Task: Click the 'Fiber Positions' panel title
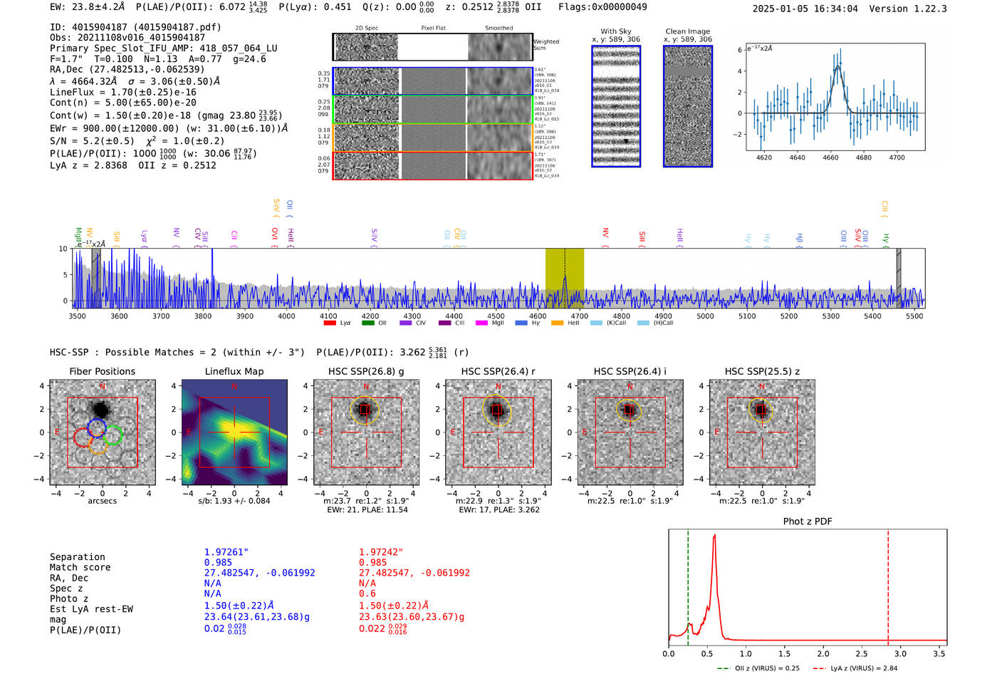[102, 371]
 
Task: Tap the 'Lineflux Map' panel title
[234, 371]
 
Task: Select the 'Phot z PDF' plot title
[808, 521]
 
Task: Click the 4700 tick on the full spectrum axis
[580, 316]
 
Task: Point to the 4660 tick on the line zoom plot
[830, 157]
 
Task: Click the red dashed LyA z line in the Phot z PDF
[888, 584]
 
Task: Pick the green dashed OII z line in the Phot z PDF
[688, 584]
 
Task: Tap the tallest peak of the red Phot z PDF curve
[714, 536]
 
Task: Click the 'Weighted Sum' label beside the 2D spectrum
[546, 45]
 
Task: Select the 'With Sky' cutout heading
[616, 31]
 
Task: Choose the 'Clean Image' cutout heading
[687, 31]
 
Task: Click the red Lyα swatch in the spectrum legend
[330, 323]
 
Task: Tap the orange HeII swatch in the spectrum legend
[557, 323]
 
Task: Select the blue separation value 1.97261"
[226, 552]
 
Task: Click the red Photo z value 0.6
[367, 594]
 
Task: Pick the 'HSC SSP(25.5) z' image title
[762, 371]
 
